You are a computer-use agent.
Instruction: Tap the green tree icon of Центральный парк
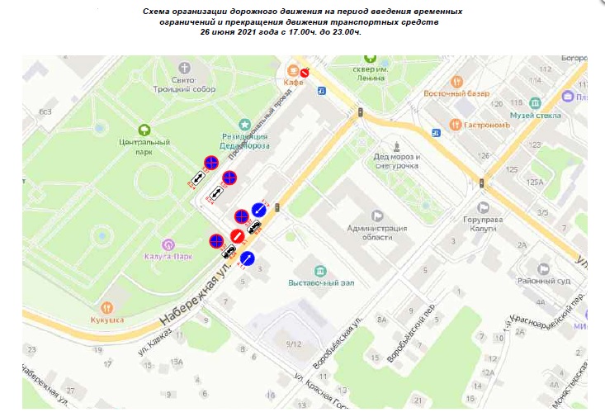point(144,130)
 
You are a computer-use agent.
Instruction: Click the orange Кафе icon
point(292,70)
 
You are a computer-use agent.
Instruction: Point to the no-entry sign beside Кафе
point(305,73)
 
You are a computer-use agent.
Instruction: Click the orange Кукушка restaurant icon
point(107,306)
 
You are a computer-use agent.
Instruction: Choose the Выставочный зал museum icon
point(321,270)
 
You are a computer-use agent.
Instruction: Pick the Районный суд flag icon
point(543,268)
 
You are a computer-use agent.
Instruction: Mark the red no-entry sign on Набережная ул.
point(237,236)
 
